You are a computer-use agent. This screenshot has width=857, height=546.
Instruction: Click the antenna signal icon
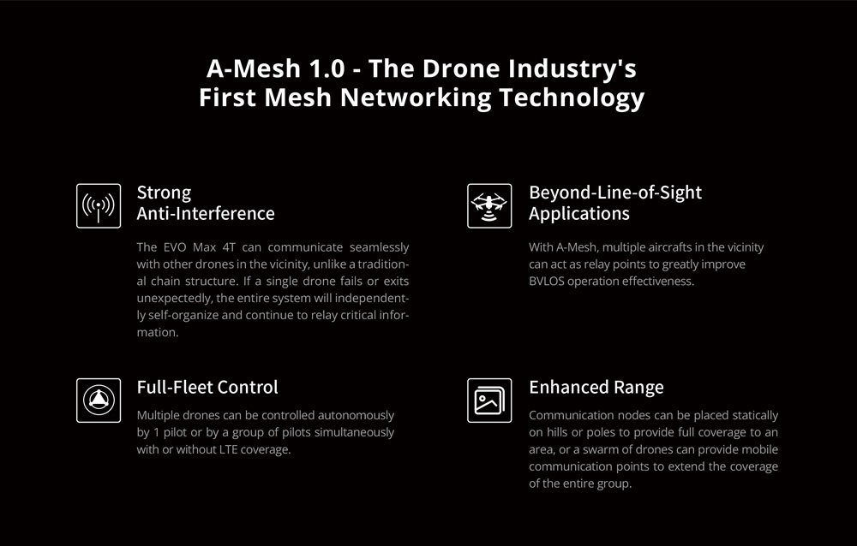click(x=98, y=205)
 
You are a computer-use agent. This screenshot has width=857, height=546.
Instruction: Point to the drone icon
click(x=489, y=205)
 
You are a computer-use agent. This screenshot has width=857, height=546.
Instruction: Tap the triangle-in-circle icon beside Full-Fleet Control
click(x=98, y=400)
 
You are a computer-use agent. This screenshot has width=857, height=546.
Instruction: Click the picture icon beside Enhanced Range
click(x=489, y=400)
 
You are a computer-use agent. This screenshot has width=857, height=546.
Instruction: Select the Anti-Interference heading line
click(x=206, y=213)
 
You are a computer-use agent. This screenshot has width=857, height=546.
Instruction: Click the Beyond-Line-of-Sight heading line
click(x=615, y=192)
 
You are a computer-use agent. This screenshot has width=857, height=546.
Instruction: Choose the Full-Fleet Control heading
click(x=207, y=387)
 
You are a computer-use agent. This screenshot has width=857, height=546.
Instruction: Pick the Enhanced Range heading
click(x=596, y=387)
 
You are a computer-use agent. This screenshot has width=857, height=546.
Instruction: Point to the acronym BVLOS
click(x=548, y=282)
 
